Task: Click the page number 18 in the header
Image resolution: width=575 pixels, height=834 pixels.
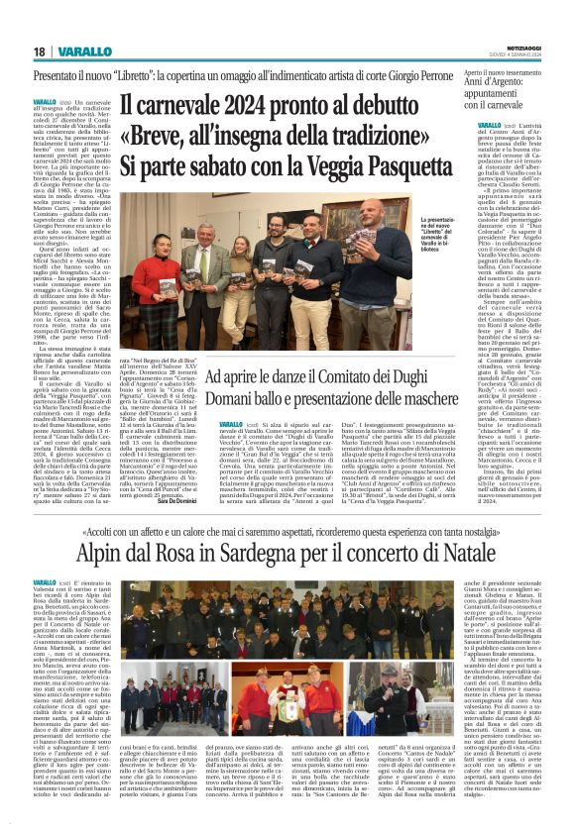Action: tap(40, 51)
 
